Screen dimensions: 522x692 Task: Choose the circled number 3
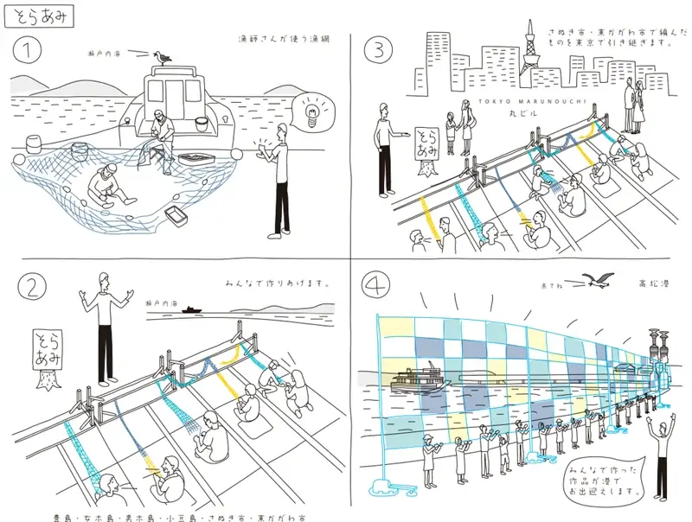378,51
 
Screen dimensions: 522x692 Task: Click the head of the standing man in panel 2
105,279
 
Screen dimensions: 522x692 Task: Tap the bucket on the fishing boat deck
201,124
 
